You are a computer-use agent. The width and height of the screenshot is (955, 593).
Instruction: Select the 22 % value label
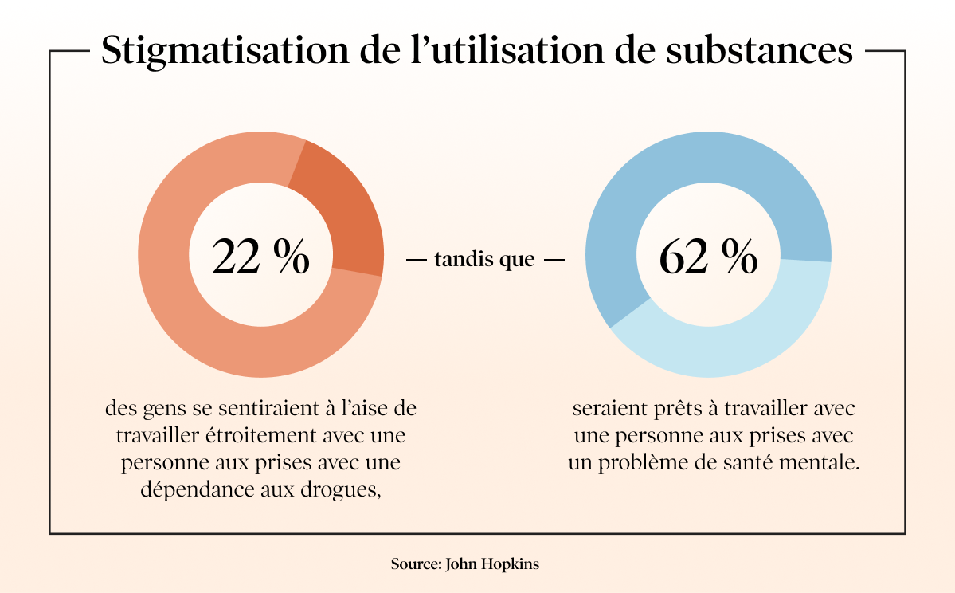[261, 257]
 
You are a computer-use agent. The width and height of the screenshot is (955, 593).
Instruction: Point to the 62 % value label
[708, 257]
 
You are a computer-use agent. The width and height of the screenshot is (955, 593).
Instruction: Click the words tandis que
[484, 260]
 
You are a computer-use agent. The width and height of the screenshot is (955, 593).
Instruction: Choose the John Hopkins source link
[492, 564]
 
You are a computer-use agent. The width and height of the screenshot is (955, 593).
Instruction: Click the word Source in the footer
[414, 564]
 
